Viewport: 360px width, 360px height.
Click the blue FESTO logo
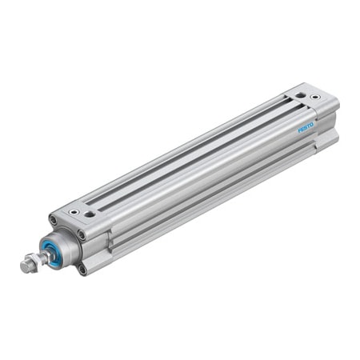point(306,126)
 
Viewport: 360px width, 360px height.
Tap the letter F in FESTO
point(300,130)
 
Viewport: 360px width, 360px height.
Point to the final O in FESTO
point(313,122)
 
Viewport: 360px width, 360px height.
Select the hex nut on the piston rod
point(33,260)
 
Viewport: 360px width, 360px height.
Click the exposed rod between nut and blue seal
point(44,254)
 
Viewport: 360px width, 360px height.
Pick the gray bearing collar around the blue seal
point(64,246)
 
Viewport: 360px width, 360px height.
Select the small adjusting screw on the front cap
point(90,214)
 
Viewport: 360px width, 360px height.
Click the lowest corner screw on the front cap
point(82,270)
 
